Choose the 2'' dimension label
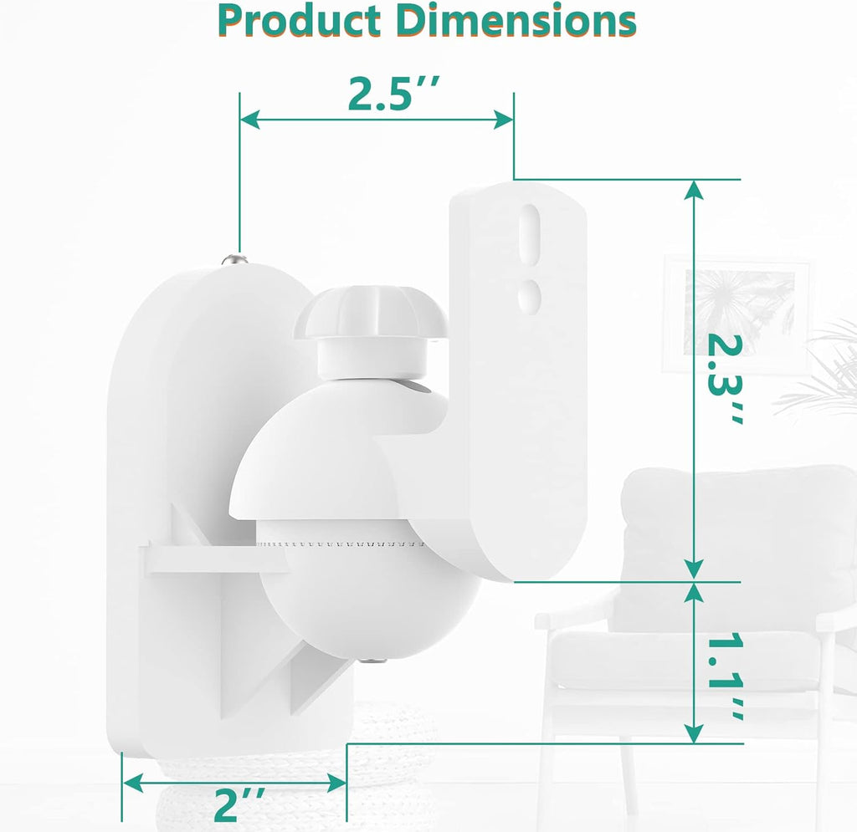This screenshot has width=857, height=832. [x=235, y=805]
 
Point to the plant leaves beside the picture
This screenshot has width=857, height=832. [x=824, y=376]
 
